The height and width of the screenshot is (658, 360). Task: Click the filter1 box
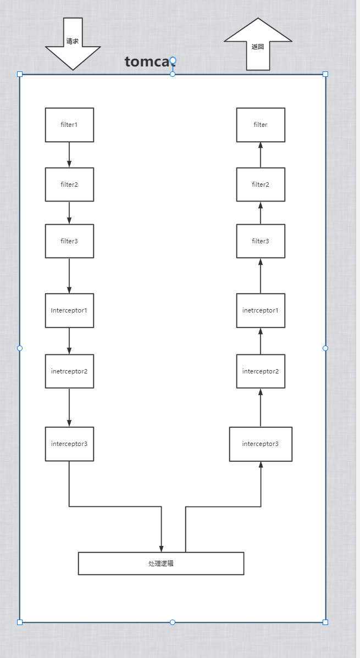[x=69, y=125]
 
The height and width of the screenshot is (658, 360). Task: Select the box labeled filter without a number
[x=261, y=125]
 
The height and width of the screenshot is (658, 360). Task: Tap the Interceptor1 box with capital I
[x=69, y=310]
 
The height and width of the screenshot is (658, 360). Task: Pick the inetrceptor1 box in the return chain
[x=261, y=310]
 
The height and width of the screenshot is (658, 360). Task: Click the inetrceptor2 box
[x=69, y=371]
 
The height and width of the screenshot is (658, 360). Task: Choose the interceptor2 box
[x=261, y=371]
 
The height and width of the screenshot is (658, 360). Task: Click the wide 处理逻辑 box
[x=160, y=564]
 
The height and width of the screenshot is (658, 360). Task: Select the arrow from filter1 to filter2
[x=69, y=154]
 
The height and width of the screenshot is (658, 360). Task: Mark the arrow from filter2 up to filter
[x=261, y=154]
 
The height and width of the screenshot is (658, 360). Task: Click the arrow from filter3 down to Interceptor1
[x=69, y=275]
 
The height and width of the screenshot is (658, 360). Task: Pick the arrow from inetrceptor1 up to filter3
[x=261, y=275]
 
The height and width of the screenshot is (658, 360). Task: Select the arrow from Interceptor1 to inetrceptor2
[x=69, y=341]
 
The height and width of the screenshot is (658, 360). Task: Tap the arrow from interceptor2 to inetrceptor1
[x=261, y=341]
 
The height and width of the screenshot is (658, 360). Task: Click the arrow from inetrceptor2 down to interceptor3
[x=69, y=407]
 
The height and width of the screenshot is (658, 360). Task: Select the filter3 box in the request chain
[x=69, y=241]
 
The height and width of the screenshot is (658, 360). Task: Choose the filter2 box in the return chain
[x=261, y=185]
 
